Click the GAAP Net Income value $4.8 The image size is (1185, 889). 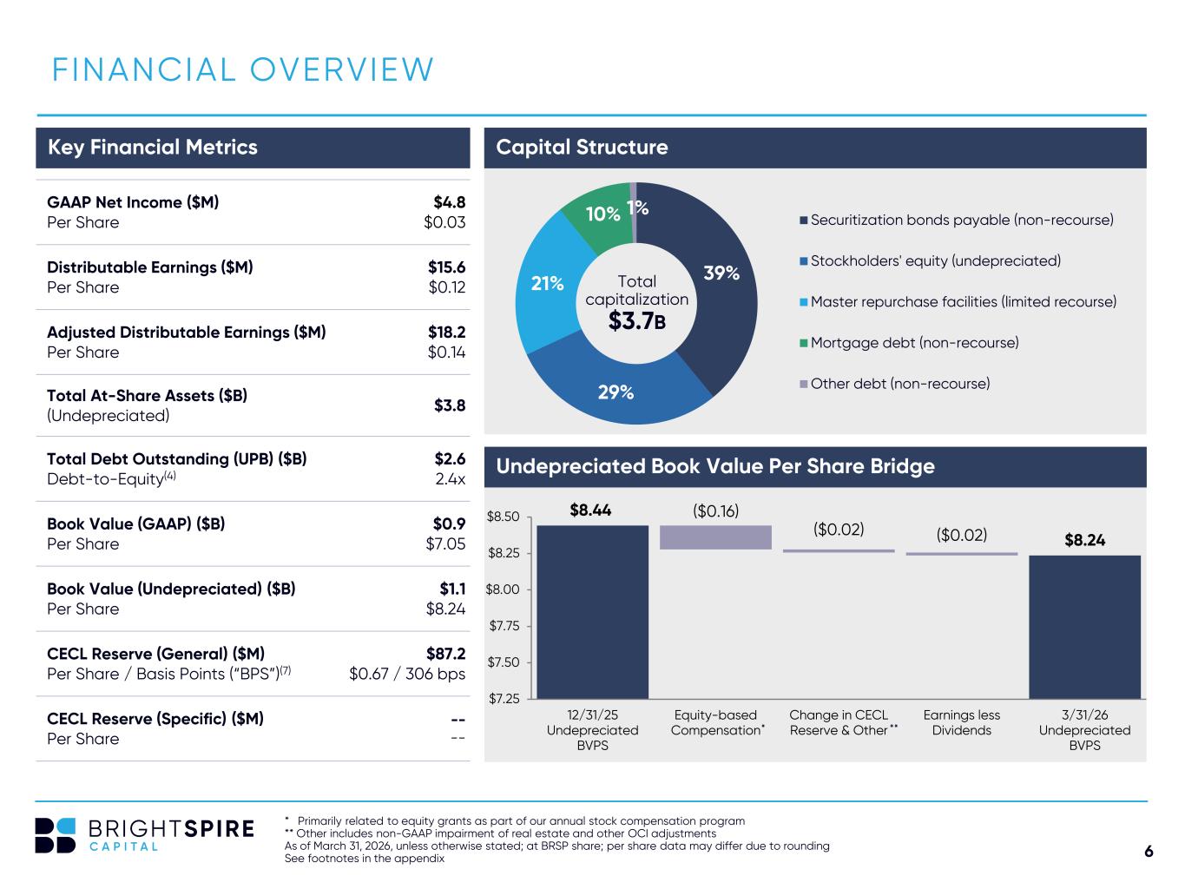point(449,202)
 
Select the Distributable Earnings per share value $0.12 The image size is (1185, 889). point(446,287)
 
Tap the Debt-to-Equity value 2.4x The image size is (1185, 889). point(450,478)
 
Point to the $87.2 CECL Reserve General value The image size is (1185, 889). point(445,654)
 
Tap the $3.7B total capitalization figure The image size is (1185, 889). point(637,320)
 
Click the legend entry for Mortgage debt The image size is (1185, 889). point(909,343)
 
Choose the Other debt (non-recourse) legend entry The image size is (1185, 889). point(895,384)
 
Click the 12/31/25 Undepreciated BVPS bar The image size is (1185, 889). point(592,612)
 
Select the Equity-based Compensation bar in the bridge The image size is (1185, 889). point(715,537)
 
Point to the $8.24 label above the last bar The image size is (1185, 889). point(1084,540)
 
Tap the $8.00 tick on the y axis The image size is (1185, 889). point(502,589)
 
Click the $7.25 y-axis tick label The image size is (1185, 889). point(504,699)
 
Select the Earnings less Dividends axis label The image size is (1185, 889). point(962,723)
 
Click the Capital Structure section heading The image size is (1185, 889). point(582,147)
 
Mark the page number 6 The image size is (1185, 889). point(1149,851)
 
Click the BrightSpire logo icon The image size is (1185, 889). point(55,835)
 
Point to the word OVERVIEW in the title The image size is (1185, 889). point(342,69)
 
